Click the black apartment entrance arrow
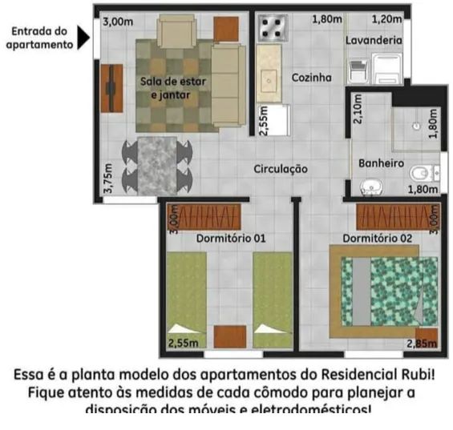click(x=83, y=37)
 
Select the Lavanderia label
click(x=374, y=39)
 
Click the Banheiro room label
click(x=380, y=163)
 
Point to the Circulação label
click(x=281, y=169)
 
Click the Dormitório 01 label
click(x=231, y=239)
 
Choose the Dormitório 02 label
click(x=378, y=239)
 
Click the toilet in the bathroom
click(x=420, y=172)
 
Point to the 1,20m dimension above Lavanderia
click(x=386, y=18)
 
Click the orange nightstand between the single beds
click(x=230, y=335)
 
